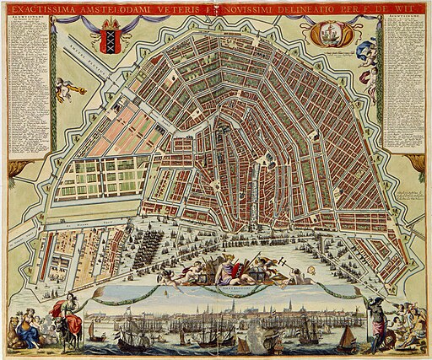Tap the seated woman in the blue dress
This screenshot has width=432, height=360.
pos(29,329)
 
